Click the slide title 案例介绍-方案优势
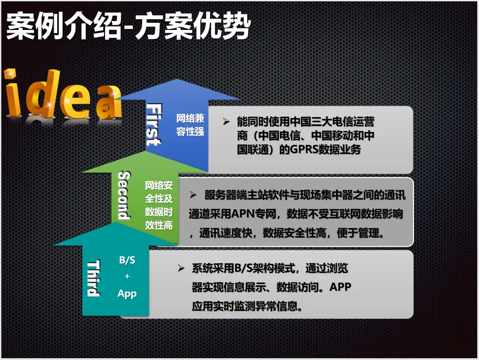pyautogui.click(x=129, y=26)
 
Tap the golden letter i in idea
pyautogui.click(x=13, y=93)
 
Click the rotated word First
pyautogui.click(x=154, y=125)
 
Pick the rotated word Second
pyautogui.click(x=124, y=195)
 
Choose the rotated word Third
pyautogui.click(x=93, y=278)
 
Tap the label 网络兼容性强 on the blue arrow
pyautogui.click(x=190, y=125)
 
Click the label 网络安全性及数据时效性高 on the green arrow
pyautogui.click(x=159, y=205)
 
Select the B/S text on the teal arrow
pyautogui.click(x=127, y=260)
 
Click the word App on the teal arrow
pyautogui.click(x=127, y=294)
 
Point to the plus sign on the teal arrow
pyautogui.click(x=127, y=276)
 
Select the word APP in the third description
pyautogui.click(x=340, y=287)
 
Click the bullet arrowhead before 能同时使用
pyautogui.click(x=226, y=122)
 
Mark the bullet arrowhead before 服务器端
pyautogui.click(x=193, y=195)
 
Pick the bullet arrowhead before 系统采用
pyautogui.click(x=181, y=268)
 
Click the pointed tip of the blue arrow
pyautogui.click(x=178, y=80)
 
